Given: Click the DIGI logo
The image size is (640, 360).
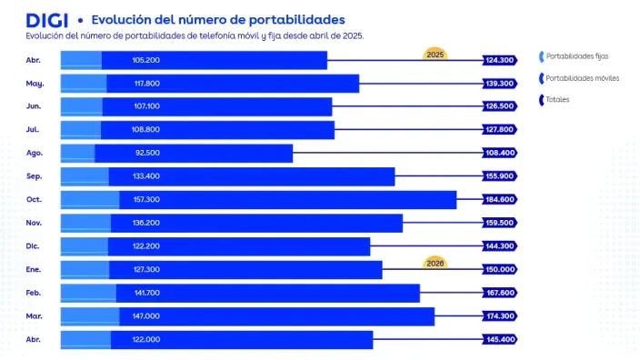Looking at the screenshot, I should coord(47,19).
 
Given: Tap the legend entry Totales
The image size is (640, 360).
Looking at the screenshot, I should coord(558,99).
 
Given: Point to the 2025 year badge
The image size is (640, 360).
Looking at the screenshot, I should coord(435,53).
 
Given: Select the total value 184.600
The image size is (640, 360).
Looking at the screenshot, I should coord(500,199).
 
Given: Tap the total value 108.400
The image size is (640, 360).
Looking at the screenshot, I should coord(500,153).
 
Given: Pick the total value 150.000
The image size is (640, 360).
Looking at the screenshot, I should coord(500,269).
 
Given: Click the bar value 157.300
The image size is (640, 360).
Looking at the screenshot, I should coord(145,199).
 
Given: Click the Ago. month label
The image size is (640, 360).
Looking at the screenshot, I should coord(35,153).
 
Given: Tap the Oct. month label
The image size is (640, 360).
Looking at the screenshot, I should coord(35,199).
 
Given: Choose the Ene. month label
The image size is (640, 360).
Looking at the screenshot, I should coord(35,269).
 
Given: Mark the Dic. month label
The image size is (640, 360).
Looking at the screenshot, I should coord(35,245).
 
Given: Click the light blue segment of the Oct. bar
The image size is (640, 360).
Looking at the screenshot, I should coord(90,199).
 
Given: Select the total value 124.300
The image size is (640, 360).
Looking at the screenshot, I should coord(500,60).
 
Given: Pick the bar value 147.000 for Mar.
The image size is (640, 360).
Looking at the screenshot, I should coord(145,315).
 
